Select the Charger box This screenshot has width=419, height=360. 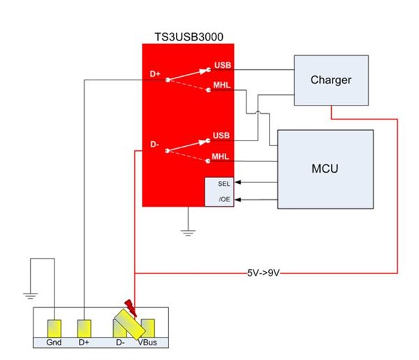coord(330,80)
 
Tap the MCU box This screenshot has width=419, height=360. coord(325,169)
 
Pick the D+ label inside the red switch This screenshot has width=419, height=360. coord(156,73)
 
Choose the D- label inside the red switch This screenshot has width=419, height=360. coord(156,145)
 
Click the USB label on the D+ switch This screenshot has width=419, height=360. coord(223,66)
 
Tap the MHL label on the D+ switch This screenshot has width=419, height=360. coord(222,87)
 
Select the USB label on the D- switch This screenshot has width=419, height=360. coord(223,134)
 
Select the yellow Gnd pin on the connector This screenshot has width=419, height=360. coord(53,327)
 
